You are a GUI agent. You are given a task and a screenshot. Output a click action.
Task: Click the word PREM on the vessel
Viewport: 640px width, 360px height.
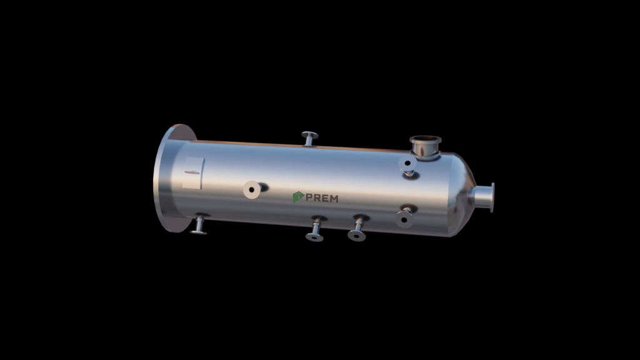[322, 198]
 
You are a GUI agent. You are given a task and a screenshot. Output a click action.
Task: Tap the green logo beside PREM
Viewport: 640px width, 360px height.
[298, 197]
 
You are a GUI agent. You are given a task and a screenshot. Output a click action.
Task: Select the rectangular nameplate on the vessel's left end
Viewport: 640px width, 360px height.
[193, 173]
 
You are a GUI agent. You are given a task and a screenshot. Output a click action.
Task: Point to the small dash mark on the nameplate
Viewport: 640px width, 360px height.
[192, 172]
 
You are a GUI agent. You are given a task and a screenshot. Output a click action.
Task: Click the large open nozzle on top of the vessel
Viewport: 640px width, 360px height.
[425, 146]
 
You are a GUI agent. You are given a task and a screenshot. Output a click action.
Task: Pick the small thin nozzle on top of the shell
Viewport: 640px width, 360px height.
[310, 138]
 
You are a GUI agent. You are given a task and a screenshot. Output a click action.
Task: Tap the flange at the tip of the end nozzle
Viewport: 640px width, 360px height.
[492, 197]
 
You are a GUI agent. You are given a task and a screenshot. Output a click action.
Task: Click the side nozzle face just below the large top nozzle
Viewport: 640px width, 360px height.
[407, 164]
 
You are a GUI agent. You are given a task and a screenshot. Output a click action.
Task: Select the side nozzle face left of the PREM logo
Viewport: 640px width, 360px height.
[252, 190]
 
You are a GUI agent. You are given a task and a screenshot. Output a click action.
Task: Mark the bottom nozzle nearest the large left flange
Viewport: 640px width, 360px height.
[199, 224]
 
